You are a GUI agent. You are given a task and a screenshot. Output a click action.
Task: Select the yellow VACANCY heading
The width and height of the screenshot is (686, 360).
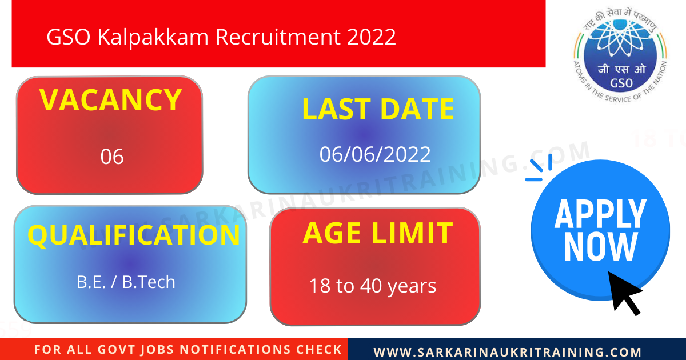click(x=111, y=100)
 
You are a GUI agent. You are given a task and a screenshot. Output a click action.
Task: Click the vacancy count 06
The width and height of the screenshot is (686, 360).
click(x=112, y=157)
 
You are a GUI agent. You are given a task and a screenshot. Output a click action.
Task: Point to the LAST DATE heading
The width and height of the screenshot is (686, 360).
click(x=378, y=109)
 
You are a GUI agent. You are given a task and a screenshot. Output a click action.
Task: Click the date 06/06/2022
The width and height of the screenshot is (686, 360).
click(x=375, y=154)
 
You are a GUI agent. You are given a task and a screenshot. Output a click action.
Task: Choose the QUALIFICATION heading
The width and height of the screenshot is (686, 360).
click(x=134, y=235)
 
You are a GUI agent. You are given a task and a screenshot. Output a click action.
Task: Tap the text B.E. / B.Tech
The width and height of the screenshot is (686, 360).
click(x=126, y=282)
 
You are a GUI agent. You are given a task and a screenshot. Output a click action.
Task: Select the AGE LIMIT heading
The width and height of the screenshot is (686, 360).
click(x=377, y=233)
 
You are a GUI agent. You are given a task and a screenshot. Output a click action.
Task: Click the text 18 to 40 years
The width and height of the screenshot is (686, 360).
click(x=373, y=286)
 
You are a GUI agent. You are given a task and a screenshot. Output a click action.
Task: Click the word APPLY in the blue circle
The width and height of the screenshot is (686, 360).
click(x=600, y=214)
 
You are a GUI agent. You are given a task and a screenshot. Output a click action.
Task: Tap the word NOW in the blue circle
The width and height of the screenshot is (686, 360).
click(x=600, y=247)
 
